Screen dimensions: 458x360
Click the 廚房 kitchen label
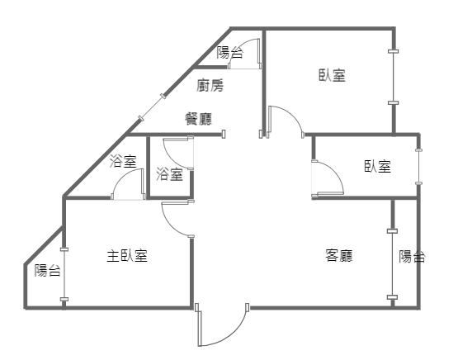(210, 85)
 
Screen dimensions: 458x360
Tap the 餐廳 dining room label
(199, 119)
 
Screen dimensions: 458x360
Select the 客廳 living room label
(339, 255)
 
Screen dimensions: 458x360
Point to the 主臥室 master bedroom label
(127, 256)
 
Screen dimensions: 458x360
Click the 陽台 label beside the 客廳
(412, 256)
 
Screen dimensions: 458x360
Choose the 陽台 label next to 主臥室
(48, 270)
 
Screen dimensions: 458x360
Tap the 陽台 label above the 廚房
(229, 53)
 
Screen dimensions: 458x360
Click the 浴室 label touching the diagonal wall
(123, 161)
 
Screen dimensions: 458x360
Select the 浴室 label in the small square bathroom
(170, 174)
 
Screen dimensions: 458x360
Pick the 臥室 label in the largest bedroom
(332, 75)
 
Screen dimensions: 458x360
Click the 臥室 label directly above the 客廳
(378, 166)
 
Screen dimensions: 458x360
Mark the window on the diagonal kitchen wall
(152, 107)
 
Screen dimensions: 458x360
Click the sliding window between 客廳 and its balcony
(392, 264)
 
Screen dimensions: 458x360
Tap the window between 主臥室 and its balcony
(64, 274)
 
